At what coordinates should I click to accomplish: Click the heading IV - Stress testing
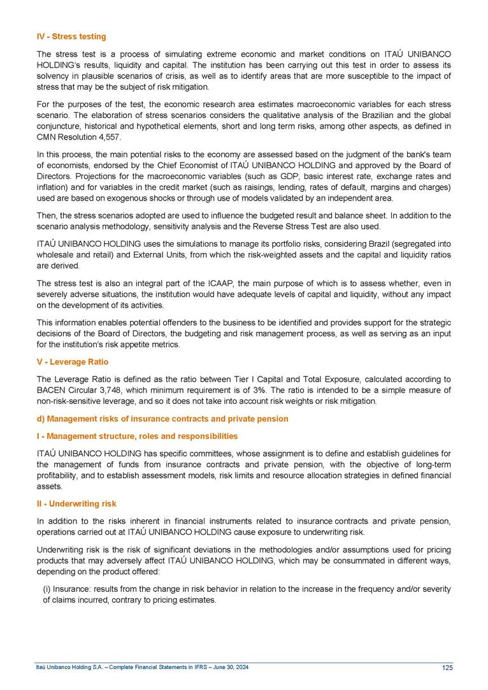71,36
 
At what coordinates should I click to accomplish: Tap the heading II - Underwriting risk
76,503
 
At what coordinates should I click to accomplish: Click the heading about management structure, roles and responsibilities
137,436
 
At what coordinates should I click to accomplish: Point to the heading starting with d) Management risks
162,419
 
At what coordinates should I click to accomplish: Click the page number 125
447,667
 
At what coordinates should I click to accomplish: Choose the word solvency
52,76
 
